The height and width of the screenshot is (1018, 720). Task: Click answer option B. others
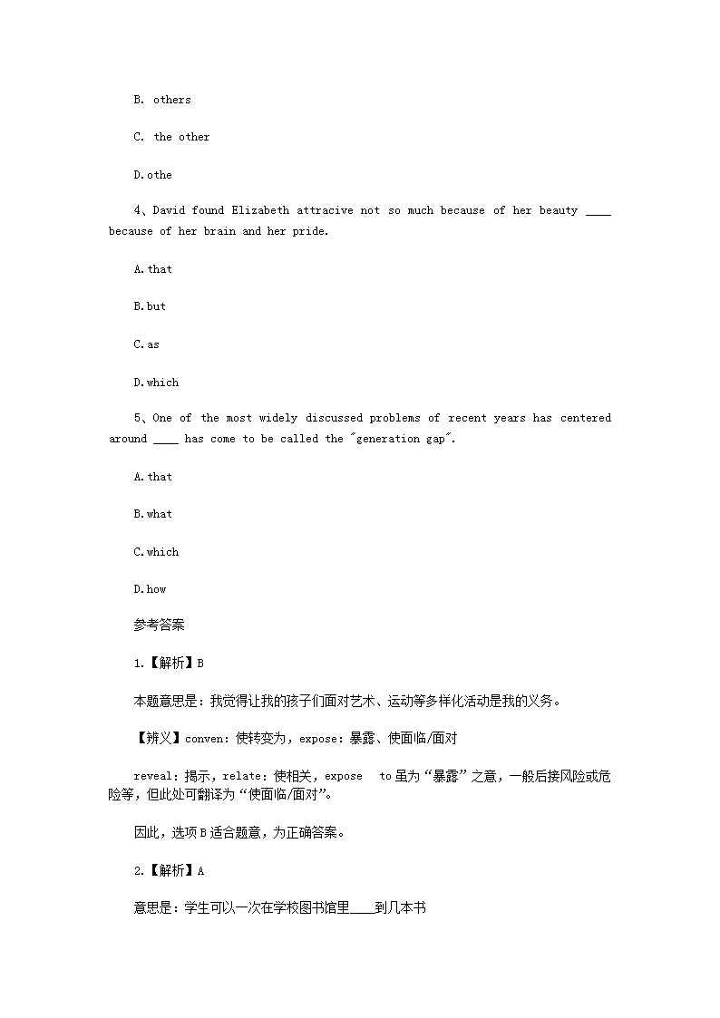tap(162, 100)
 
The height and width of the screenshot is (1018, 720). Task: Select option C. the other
tap(171, 137)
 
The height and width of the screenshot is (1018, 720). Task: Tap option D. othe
tap(152, 175)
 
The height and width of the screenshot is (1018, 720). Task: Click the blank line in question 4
tap(598, 212)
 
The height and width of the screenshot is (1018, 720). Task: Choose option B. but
tap(150, 306)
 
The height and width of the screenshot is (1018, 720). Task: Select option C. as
tap(146, 344)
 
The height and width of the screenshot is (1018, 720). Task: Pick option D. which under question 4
tap(156, 383)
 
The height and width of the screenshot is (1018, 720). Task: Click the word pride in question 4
tap(309, 231)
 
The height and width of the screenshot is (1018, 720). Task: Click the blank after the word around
tap(166, 441)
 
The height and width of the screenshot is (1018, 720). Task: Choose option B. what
tap(152, 514)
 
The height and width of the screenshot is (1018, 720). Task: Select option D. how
tap(150, 589)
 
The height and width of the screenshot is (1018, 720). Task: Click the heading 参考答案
tap(159, 625)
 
